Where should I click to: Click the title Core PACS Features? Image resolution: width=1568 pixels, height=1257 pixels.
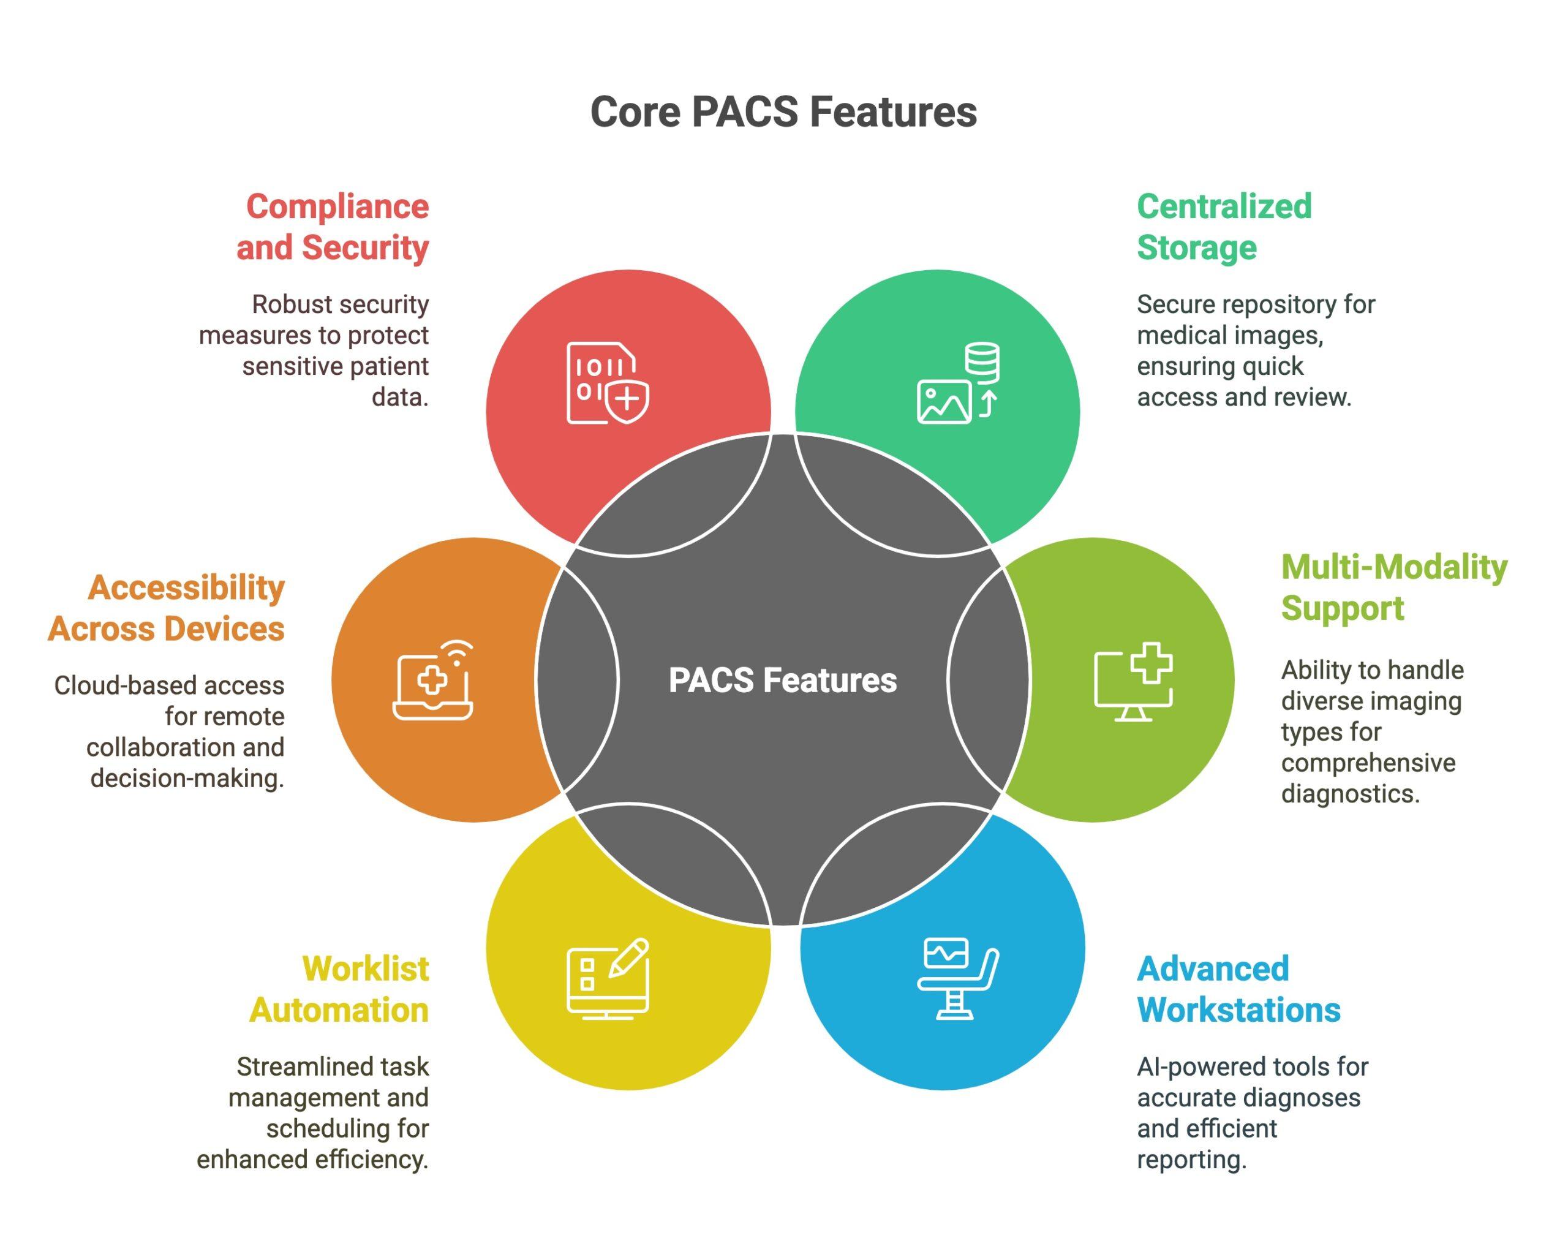pos(783,113)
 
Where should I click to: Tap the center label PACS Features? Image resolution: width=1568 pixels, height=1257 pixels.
pos(783,680)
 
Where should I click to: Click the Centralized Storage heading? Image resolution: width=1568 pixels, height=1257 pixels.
pos(1224,227)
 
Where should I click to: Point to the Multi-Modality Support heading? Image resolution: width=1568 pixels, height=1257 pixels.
pos(1393,587)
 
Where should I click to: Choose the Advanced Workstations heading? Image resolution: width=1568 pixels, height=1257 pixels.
pos(1238,989)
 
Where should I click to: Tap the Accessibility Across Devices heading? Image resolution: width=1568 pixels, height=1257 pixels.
pos(167,608)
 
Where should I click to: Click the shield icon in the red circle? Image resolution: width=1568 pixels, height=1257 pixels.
pos(628,400)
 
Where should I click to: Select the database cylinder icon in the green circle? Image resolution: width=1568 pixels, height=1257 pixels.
pos(982,362)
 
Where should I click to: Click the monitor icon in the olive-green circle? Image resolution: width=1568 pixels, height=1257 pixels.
pos(1132,684)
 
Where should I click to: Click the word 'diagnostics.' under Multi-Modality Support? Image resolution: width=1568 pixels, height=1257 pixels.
pos(1350,794)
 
